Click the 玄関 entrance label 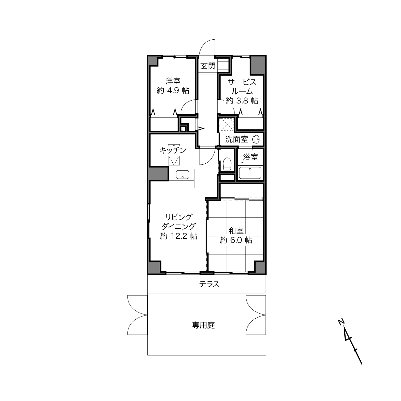[x=208, y=66]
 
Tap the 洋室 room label [x=173, y=81]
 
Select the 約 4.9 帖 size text [x=173, y=91]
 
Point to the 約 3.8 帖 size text [x=242, y=101]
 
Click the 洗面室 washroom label [x=237, y=139]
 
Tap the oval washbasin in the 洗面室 [x=256, y=139]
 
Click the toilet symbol [x=227, y=164]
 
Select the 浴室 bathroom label [x=250, y=157]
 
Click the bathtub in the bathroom [x=250, y=173]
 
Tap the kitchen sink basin [x=183, y=175]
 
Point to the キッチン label [x=173, y=150]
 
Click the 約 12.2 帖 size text [x=179, y=236]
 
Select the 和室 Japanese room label [x=236, y=231]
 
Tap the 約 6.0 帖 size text [x=236, y=240]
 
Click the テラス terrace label [x=209, y=284]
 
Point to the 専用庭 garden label [x=203, y=325]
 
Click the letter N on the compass [x=341, y=322]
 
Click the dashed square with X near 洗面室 [x=227, y=124]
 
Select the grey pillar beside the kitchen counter [x=158, y=174]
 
